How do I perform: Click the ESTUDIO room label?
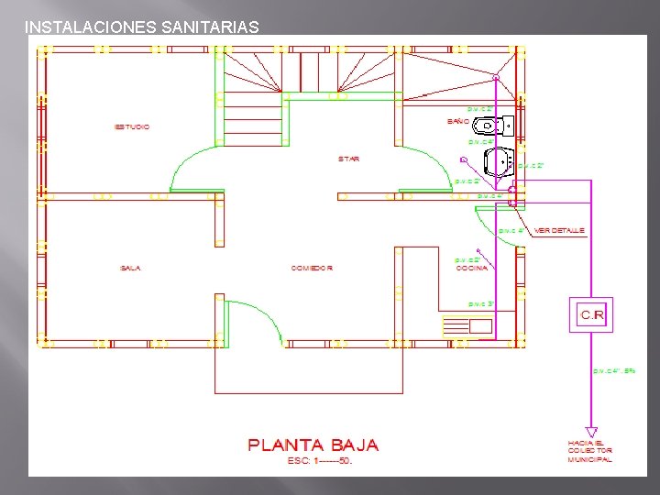pos(132,126)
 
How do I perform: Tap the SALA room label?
pos(130,268)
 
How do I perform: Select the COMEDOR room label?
pos(312,268)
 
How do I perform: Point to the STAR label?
pos(349,159)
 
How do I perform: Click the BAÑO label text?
pos(457,122)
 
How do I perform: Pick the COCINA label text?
pos(472,269)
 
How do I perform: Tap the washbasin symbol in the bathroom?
pos(498,162)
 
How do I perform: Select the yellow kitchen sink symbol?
pos(467,325)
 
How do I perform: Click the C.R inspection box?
pos(591,315)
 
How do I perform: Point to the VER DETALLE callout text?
pos(559,230)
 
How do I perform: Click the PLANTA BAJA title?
pos(313,445)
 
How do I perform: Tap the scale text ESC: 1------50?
pos(313,460)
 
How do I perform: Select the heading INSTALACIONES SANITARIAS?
pos(142,27)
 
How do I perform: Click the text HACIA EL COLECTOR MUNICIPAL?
pos(589,451)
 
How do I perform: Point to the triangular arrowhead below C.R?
pos(591,432)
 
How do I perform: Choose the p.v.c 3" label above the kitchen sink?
pos(482,303)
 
